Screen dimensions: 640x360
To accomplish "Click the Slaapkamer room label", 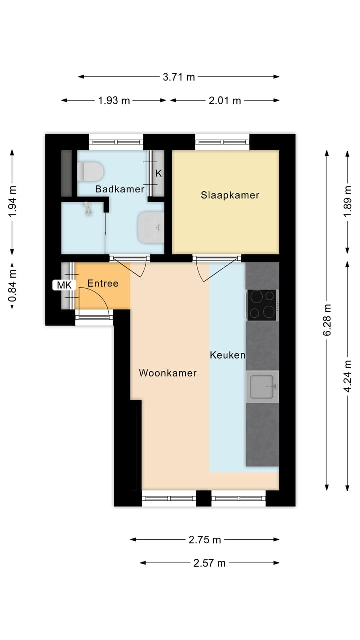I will click(230, 195).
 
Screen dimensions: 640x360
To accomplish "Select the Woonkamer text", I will click(168, 373).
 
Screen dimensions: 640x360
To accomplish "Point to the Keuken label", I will click(227, 355).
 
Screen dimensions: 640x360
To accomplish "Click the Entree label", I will click(103, 283).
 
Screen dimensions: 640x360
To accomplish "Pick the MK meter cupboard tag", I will click(65, 285).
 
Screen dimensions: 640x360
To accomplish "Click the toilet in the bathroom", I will click(90, 172).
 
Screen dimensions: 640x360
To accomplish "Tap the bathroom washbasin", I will click(151, 227).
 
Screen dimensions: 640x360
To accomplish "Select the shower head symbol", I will click(88, 208).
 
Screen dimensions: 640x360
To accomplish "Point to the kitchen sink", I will click(262, 386).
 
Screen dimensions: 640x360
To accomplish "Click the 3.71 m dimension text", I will click(179, 77).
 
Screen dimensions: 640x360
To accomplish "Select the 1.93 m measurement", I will click(114, 100).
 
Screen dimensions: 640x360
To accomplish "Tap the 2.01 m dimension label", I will click(225, 100).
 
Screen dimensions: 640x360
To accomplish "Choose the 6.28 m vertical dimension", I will click(327, 320).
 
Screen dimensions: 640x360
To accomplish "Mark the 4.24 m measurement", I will click(348, 375).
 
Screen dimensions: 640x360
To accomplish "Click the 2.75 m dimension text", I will click(205, 540).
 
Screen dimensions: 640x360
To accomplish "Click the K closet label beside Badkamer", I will click(159, 174).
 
